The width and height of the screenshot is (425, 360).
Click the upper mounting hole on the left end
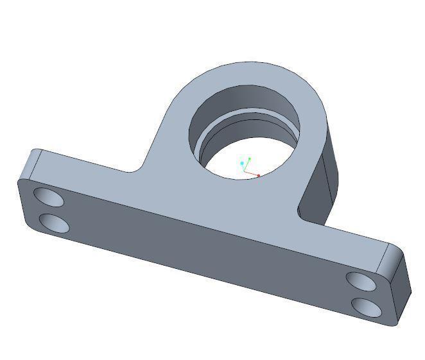tap(49, 197)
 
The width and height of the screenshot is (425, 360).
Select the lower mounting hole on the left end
tap(55, 223)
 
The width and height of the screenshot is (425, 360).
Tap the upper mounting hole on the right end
tap(361, 280)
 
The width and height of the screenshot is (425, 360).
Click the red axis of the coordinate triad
tap(252, 173)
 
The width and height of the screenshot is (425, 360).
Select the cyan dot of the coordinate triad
tap(242, 164)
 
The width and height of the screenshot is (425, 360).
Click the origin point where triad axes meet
tap(244, 171)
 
